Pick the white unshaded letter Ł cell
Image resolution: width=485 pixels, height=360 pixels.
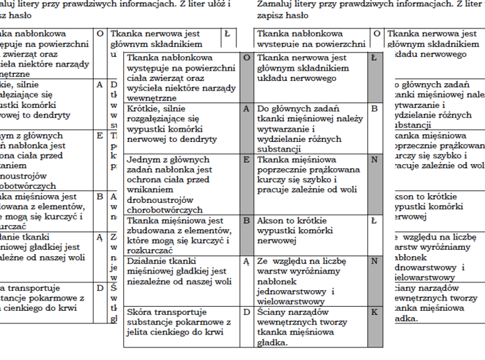click(227, 33)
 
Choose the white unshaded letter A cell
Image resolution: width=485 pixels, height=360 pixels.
click(100, 84)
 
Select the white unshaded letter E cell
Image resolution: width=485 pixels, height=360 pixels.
click(100, 136)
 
